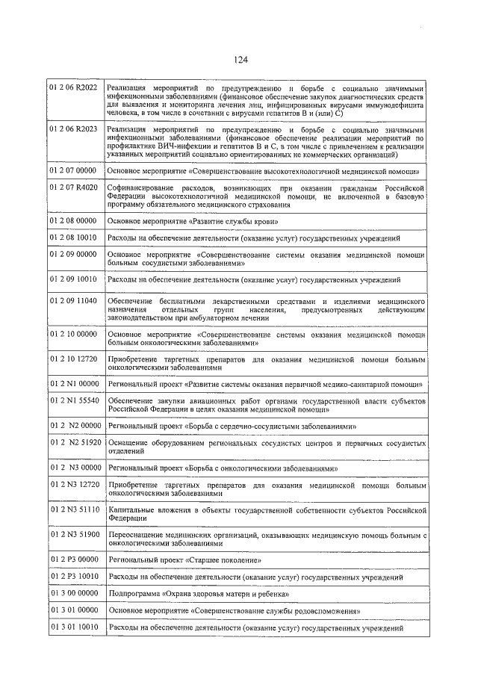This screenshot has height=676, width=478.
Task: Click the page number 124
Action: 240,61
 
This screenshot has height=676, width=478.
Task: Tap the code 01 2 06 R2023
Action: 73,129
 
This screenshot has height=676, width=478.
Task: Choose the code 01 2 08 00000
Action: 73,222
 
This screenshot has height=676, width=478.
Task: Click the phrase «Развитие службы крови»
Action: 236,223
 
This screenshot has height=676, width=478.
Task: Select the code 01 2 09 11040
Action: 73,300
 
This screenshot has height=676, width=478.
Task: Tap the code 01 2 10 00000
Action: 73,334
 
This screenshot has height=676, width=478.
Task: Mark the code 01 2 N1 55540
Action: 73,401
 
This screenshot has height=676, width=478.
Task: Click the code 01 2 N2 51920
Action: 75,443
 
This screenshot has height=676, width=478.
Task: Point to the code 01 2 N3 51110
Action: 73,509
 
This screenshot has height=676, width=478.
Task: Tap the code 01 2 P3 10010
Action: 73,577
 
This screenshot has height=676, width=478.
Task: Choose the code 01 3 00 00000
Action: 73,594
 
